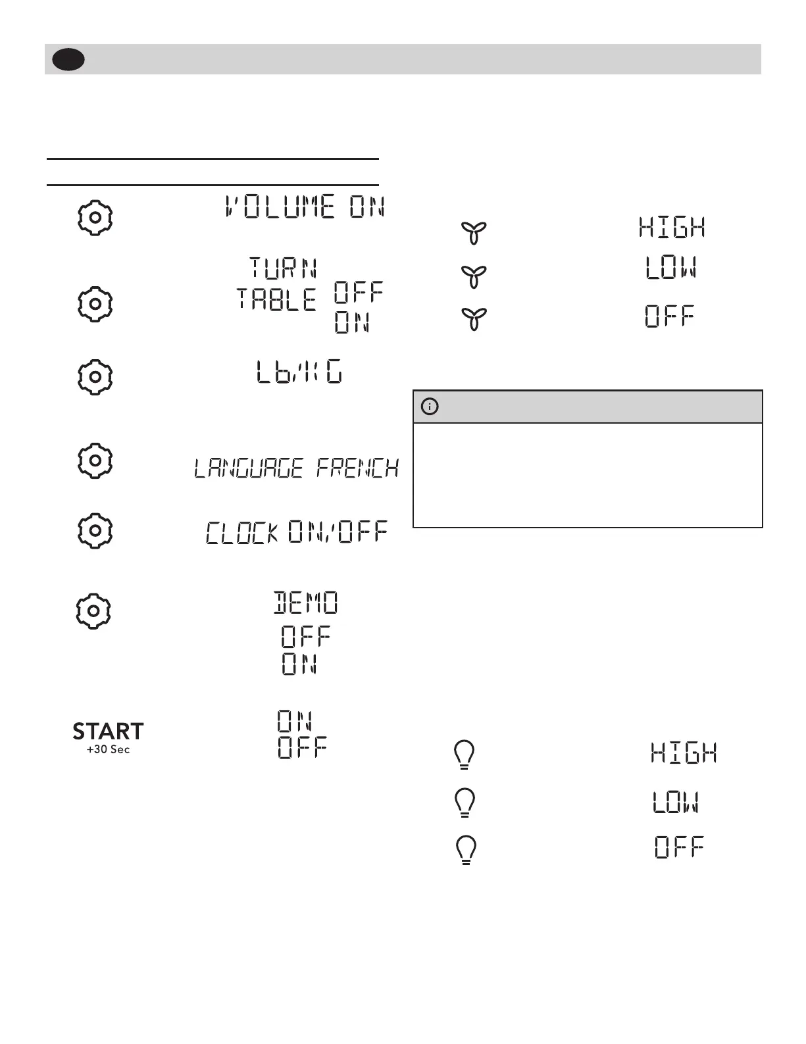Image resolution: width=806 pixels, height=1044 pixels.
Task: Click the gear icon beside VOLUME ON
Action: [95, 217]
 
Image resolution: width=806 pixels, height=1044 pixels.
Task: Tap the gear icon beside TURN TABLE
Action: [95, 303]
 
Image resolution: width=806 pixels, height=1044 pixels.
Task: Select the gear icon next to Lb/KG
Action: [95, 377]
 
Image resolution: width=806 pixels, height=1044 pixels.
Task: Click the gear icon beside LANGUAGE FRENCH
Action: [95, 460]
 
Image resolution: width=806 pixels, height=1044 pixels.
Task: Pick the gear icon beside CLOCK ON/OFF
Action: [95, 530]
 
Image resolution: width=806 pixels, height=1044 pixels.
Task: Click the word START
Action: [108, 732]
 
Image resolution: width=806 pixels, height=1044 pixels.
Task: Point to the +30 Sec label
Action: [108, 750]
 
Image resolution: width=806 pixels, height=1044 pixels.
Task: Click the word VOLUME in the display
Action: [280, 207]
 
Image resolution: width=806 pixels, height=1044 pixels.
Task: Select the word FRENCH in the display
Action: [357, 468]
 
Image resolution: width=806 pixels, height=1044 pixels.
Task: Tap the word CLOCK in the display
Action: [242, 533]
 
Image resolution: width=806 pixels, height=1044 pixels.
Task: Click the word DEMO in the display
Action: [306, 603]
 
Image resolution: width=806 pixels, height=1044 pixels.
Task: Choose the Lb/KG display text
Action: [299, 374]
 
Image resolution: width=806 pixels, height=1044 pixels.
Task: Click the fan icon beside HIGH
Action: [474, 233]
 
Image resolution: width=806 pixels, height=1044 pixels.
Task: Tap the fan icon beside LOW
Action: [474, 277]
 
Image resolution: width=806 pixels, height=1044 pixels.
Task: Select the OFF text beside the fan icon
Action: [669, 317]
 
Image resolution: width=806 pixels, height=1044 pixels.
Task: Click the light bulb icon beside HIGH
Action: [465, 755]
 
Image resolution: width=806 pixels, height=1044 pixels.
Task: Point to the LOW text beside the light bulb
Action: [676, 803]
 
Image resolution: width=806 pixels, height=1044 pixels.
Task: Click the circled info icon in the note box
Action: [429, 407]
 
